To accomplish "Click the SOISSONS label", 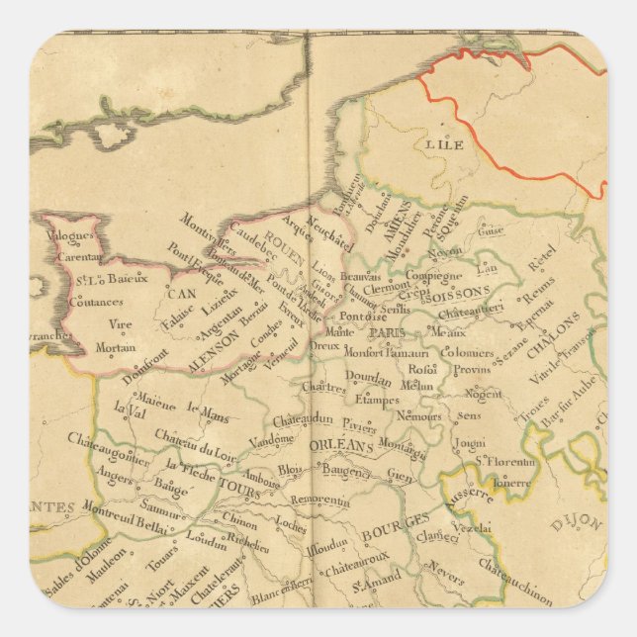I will pos(458,294).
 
